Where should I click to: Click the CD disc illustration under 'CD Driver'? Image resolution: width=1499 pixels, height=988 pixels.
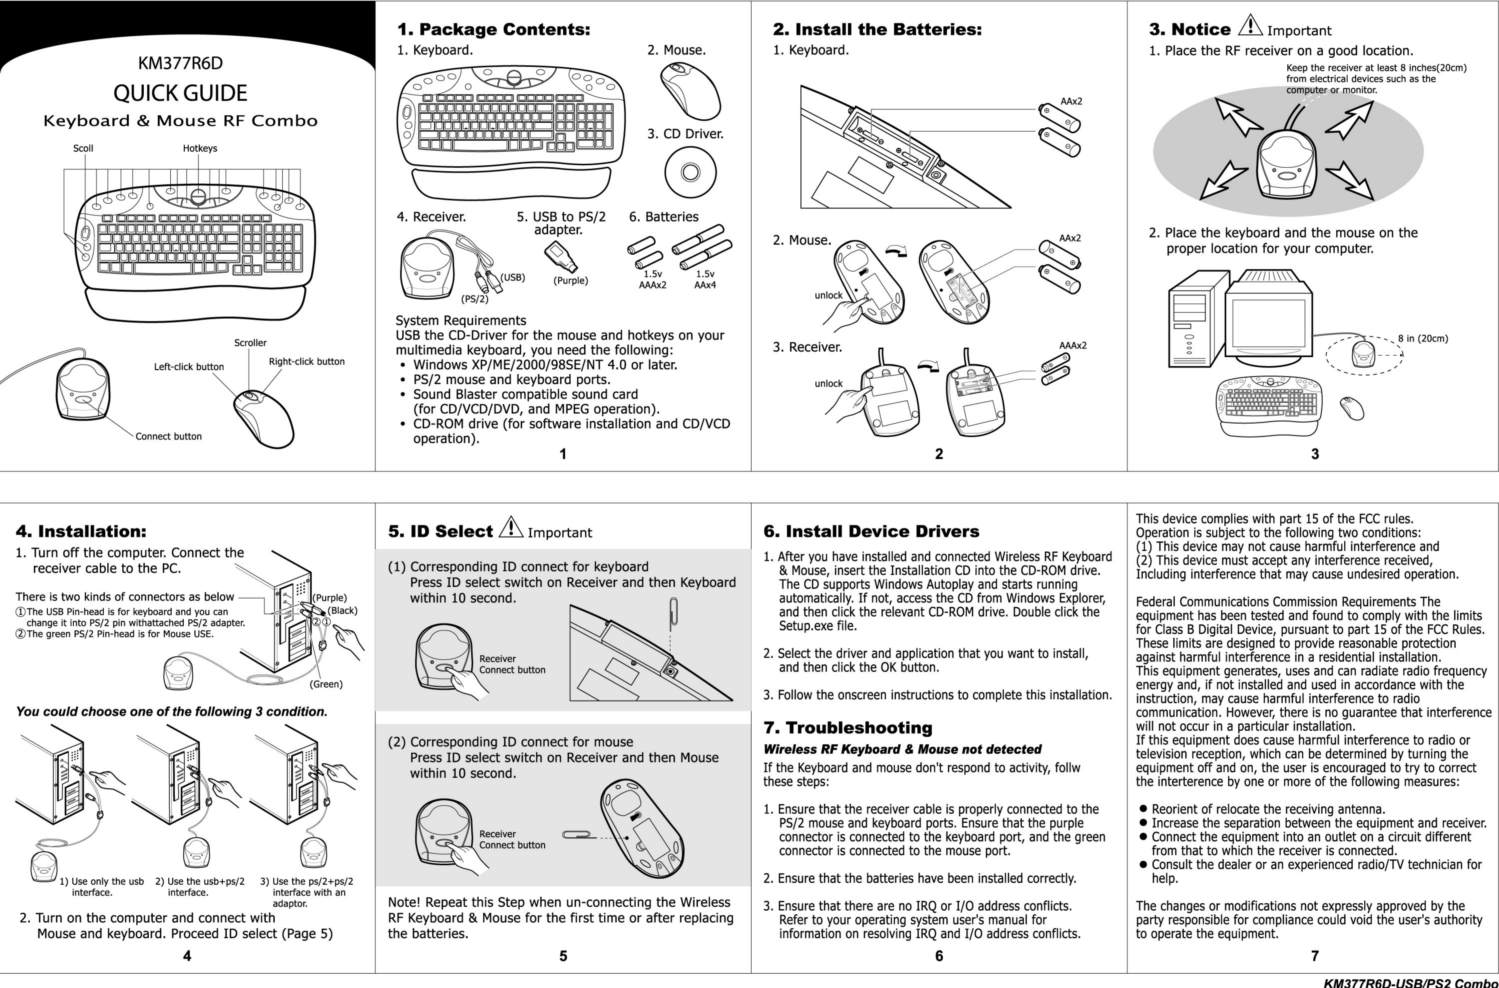pos(690,172)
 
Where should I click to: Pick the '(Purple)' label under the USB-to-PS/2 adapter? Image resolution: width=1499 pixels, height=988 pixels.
pos(570,280)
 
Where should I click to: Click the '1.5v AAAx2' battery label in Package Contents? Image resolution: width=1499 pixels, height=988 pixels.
pos(652,279)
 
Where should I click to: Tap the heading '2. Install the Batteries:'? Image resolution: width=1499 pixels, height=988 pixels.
pos(877,30)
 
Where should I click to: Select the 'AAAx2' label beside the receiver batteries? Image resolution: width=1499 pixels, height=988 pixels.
pos(1073,345)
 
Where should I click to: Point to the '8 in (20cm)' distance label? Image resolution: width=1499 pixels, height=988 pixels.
pos(1423,338)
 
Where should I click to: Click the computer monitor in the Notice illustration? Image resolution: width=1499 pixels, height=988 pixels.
pos(1268,321)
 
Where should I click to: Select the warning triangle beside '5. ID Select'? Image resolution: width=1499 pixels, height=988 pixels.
pos(511,527)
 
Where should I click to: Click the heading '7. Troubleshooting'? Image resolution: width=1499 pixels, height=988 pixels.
pos(848,728)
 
